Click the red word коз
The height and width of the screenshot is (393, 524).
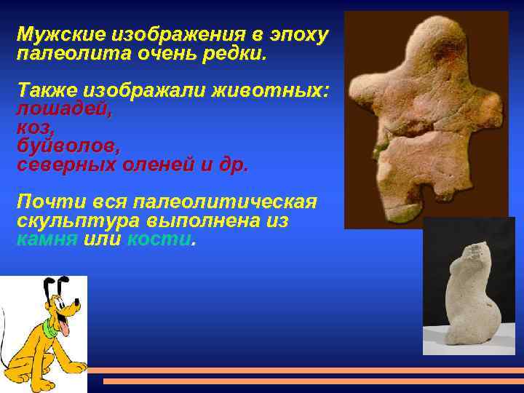[33, 127]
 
